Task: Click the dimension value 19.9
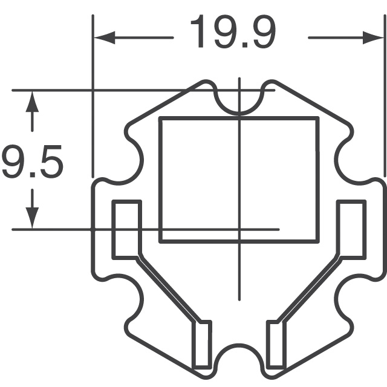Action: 233,33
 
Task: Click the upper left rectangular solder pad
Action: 126,228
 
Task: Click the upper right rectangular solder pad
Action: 351,228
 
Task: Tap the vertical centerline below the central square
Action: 240,272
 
